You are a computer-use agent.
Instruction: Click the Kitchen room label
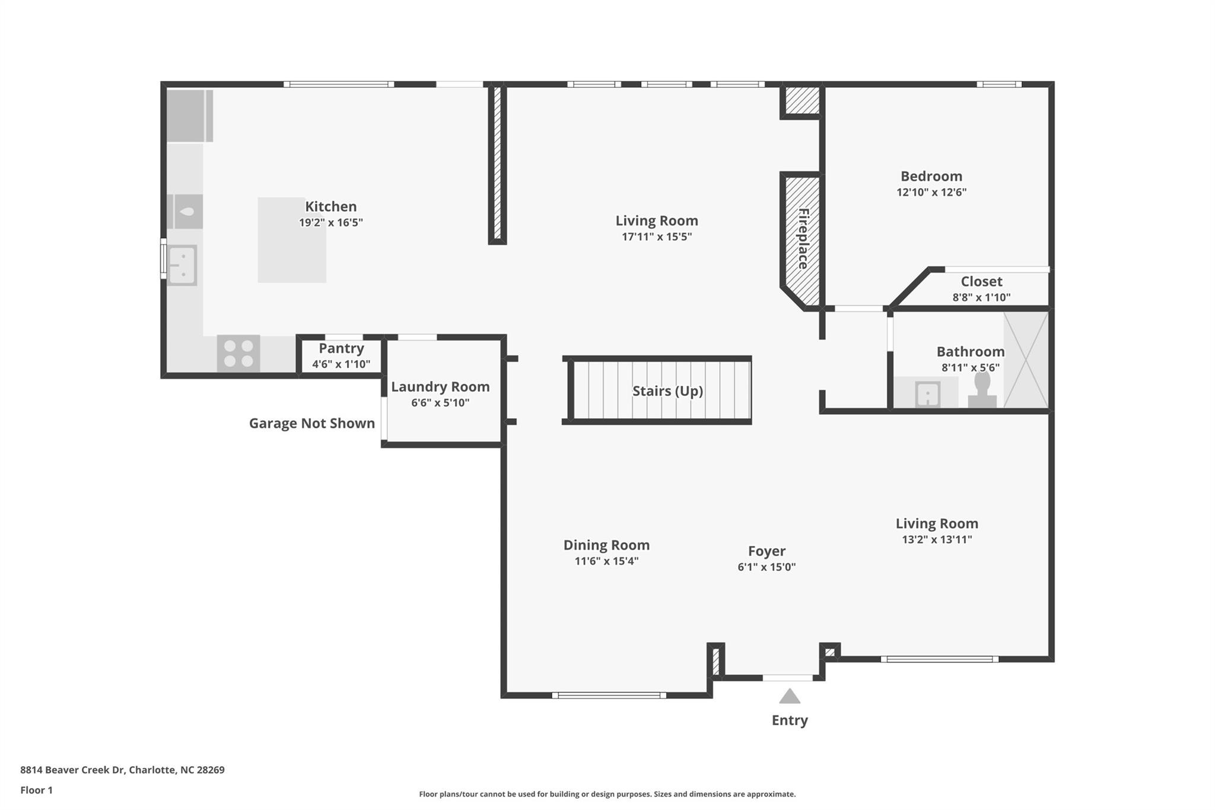pyautogui.click(x=330, y=207)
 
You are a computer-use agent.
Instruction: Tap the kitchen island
pyautogui.click(x=292, y=240)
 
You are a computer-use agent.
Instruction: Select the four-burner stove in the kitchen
pyautogui.click(x=238, y=354)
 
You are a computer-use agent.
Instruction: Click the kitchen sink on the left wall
pyautogui.click(x=182, y=265)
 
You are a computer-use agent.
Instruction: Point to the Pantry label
pyautogui.click(x=341, y=348)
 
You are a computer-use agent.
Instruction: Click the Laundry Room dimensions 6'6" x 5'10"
pyautogui.click(x=440, y=403)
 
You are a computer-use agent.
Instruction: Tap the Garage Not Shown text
pyautogui.click(x=312, y=423)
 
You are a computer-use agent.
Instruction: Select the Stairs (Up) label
pyautogui.click(x=667, y=391)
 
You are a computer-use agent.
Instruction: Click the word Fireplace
pyautogui.click(x=803, y=239)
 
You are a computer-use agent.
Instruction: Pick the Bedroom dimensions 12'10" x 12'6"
pyautogui.click(x=931, y=192)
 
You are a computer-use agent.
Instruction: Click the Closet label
pyautogui.click(x=982, y=281)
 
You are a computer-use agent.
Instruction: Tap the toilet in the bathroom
pyautogui.click(x=982, y=390)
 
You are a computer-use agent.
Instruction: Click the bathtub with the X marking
pyautogui.click(x=1026, y=360)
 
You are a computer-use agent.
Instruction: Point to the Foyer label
pyautogui.click(x=766, y=551)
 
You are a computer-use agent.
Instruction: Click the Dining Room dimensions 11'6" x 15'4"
pyautogui.click(x=606, y=561)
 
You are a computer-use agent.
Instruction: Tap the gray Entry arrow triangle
pyautogui.click(x=790, y=696)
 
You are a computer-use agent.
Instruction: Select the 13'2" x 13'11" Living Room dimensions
pyautogui.click(x=937, y=539)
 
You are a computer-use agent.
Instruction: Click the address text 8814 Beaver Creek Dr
pyautogui.click(x=72, y=770)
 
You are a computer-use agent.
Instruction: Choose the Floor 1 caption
pyautogui.click(x=36, y=790)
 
